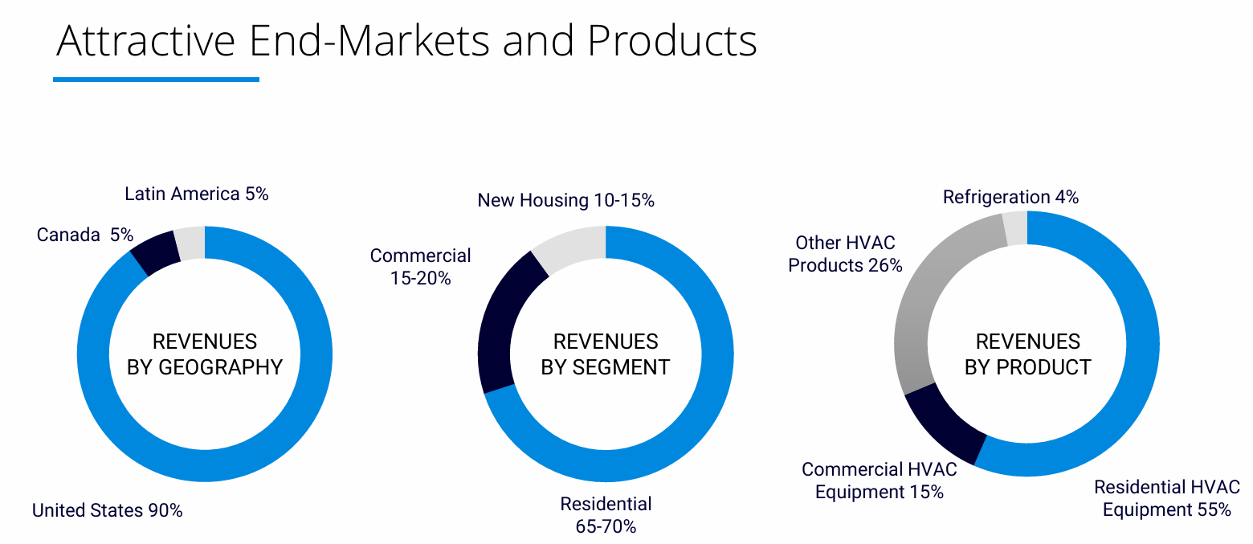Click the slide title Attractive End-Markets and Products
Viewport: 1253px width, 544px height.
pyautogui.click(x=406, y=40)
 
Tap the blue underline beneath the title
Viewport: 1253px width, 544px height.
pyautogui.click(x=156, y=80)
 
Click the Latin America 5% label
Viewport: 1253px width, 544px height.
pyautogui.click(x=196, y=194)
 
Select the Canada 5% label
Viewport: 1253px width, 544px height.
pyautogui.click(x=84, y=235)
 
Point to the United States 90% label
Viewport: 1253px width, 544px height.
pyautogui.click(x=107, y=510)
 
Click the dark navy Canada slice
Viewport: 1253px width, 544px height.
pyautogui.click(x=156, y=252)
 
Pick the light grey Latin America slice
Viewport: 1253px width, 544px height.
pyautogui.click(x=190, y=243)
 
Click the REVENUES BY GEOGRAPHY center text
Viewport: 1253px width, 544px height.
pyautogui.click(x=205, y=354)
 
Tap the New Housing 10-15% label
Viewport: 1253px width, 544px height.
pyautogui.click(x=565, y=200)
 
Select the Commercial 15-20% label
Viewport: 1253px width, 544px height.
pyautogui.click(x=420, y=267)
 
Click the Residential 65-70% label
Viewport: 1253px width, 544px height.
pyautogui.click(x=606, y=515)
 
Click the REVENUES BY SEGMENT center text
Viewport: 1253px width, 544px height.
pyautogui.click(x=606, y=354)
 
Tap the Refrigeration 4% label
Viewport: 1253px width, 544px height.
pyautogui.click(x=1010, y=197)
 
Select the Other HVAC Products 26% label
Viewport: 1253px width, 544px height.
pyautogui.click(x=845, y=254)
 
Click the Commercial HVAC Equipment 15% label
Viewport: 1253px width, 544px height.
pyautogui.click(x=879, y=481)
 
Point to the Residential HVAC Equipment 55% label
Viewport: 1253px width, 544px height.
pyautogui.click(x=1166, y=498)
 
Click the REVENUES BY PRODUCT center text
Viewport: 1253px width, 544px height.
pyautogui.click(x=1027, y=354)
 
